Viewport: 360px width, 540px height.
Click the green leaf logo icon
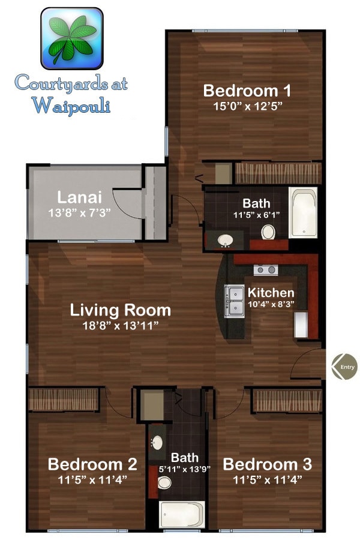pos(71,38)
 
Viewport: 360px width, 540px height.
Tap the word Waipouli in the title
pos(71,106)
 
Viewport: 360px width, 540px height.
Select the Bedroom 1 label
pos(247,91)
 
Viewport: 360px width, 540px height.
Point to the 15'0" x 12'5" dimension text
pos(247,106)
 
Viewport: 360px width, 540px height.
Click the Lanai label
pos(79,197)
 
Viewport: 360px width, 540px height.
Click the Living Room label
pos(120,310)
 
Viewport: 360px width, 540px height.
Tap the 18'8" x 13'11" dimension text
pos(120,325)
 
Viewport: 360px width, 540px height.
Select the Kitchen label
pos(271,293)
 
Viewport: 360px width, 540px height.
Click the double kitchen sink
pos(235,300)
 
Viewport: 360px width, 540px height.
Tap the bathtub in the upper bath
pos(303,213)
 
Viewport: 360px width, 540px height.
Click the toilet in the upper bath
pos(268,232)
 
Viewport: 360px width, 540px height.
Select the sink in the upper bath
pos(226,241)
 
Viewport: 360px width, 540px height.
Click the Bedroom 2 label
pos(92,464)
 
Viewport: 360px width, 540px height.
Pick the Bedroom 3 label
pos(267,464)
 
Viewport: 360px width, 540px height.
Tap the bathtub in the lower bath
pos(182,515)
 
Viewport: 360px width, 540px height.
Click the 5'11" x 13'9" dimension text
pos(184,469)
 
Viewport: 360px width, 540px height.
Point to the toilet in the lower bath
pos(164,482)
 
